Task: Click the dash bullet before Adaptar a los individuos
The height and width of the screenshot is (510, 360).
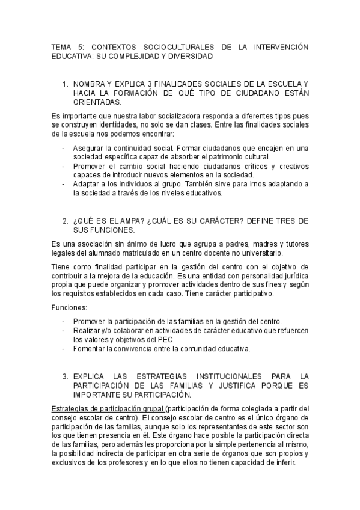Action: (64, 183)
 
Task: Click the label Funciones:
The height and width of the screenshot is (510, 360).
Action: (70, 308)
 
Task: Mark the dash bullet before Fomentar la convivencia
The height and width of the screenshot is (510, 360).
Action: (64, 349)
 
